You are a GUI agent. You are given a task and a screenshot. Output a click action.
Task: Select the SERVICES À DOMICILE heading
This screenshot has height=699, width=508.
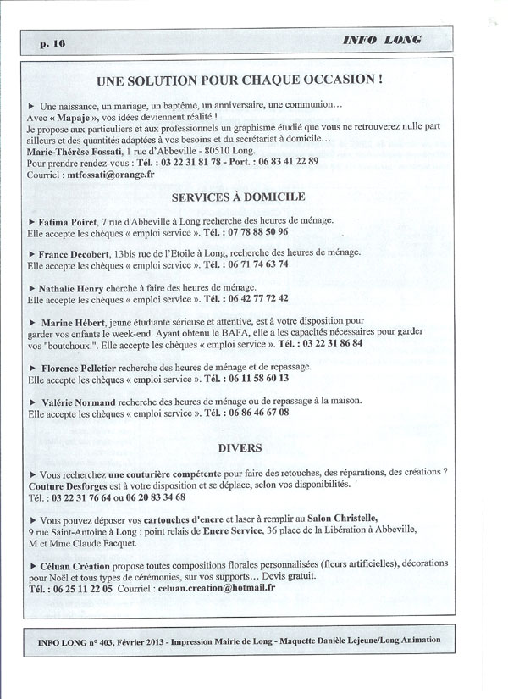(x=238, y=197)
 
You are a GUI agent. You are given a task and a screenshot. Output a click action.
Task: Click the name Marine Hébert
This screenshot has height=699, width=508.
(x=80, y=323)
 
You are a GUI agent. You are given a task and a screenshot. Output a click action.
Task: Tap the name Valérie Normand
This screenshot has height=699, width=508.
(x=85, y=401)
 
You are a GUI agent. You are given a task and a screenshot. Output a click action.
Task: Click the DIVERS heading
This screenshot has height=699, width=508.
(x=239, y=447)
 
